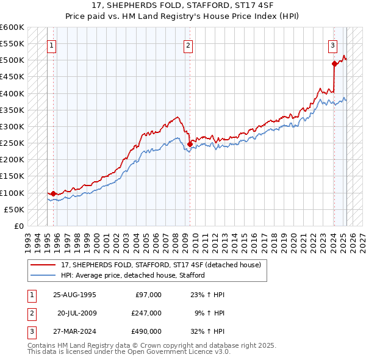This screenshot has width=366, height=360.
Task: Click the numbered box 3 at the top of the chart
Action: pos(333,45)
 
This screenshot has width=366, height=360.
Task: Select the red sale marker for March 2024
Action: pos(334,63)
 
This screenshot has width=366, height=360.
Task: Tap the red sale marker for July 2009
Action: pos(190,144)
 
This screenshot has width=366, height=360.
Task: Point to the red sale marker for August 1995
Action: pos(54,193)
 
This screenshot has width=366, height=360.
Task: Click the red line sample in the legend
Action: pos(43,265)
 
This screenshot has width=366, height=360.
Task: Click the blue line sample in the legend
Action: pos(43,275)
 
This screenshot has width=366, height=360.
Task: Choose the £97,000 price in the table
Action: pos(147,295)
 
